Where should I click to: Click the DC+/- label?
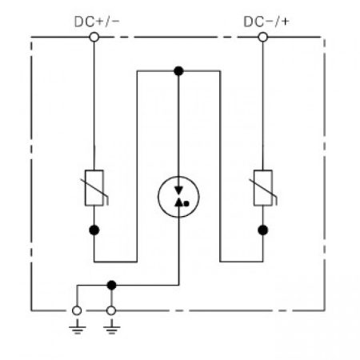(x=97, y=22)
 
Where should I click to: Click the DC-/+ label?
(x=266, y=22)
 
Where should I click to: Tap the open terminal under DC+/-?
(x=94, y=37)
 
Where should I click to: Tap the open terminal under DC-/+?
(x=263, y=37)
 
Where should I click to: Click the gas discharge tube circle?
(x=158, y=197)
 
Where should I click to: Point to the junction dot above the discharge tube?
(x=178, y=71)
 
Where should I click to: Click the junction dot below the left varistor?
(x=94, y=230)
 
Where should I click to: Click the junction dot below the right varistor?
(x=263, y=230)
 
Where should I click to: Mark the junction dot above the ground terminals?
(x=111, y=285)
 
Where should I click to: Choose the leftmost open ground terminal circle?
(x=77, y=310)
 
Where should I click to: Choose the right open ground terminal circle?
(x=111, y=310)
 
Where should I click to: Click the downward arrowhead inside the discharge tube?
(x=178, y=190)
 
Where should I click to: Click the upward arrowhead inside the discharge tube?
(x=178, y=202)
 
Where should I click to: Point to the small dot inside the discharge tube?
(x=186, y=204)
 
